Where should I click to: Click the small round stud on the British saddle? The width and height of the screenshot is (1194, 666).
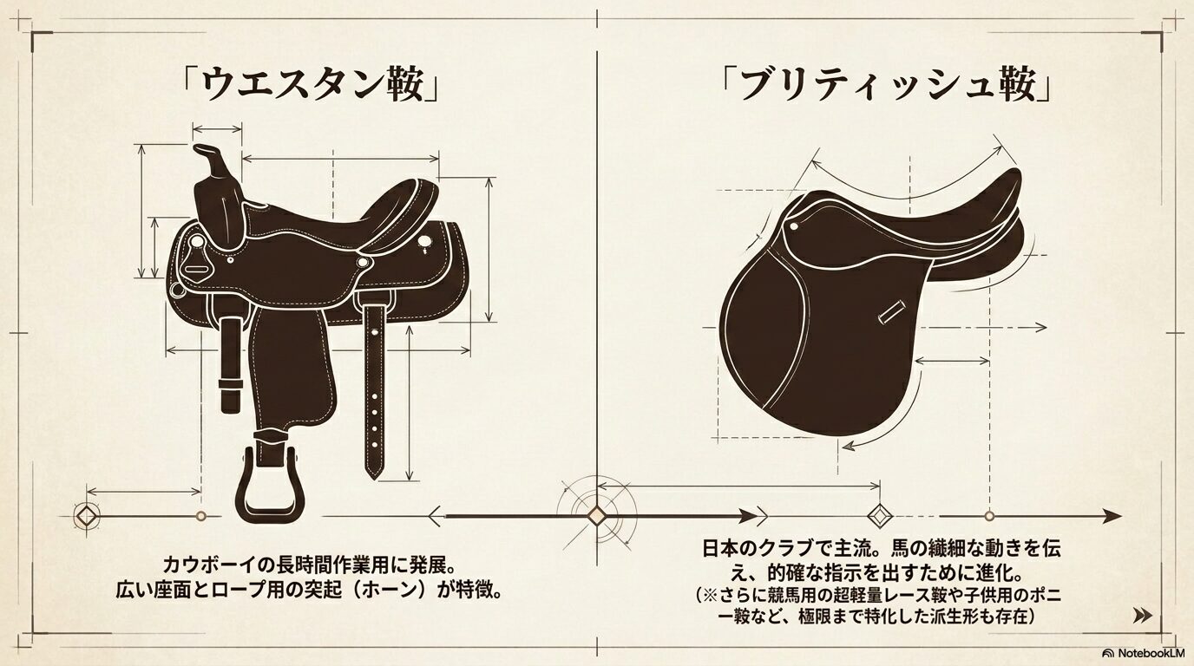(794, 226)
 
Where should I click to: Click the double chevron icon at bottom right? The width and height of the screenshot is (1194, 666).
(1142, 616)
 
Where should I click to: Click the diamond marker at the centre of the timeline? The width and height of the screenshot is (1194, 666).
(596, 516)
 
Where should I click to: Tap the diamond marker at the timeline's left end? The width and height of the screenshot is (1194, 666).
(87, 516)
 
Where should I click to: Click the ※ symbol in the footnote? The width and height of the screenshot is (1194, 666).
(711, 595)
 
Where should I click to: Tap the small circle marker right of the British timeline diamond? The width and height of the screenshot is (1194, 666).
(989, 516)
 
